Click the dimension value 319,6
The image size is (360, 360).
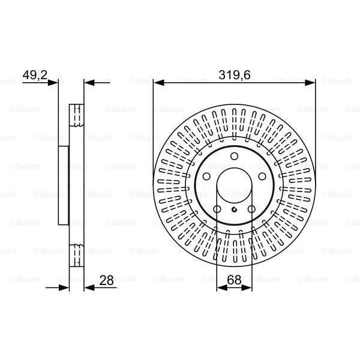pyautogui.click(x=234, y=75)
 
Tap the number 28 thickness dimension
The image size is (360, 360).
pyautogui.click(x=107, y=280)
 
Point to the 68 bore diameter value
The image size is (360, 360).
pyautogui.click(x=234, y=280)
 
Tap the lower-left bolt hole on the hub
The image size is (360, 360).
pyautogui.click(x=217, y=209)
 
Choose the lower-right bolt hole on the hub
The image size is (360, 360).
pyautogui.click(x=251, y=209)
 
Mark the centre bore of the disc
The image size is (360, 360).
pyautogui.click(x=234, y=186)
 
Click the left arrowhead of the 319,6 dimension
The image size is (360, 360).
pyautogui.click(x=158, y=82)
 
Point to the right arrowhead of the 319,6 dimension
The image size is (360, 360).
pyautogui.click(x=311, y=82)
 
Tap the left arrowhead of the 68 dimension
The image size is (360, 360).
pyautogui.click(x=220, y=288)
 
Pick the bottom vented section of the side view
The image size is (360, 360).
pyautogui.click(x=76, y=256)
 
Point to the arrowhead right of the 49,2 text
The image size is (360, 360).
pyautogui.click(x=55, y=82)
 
